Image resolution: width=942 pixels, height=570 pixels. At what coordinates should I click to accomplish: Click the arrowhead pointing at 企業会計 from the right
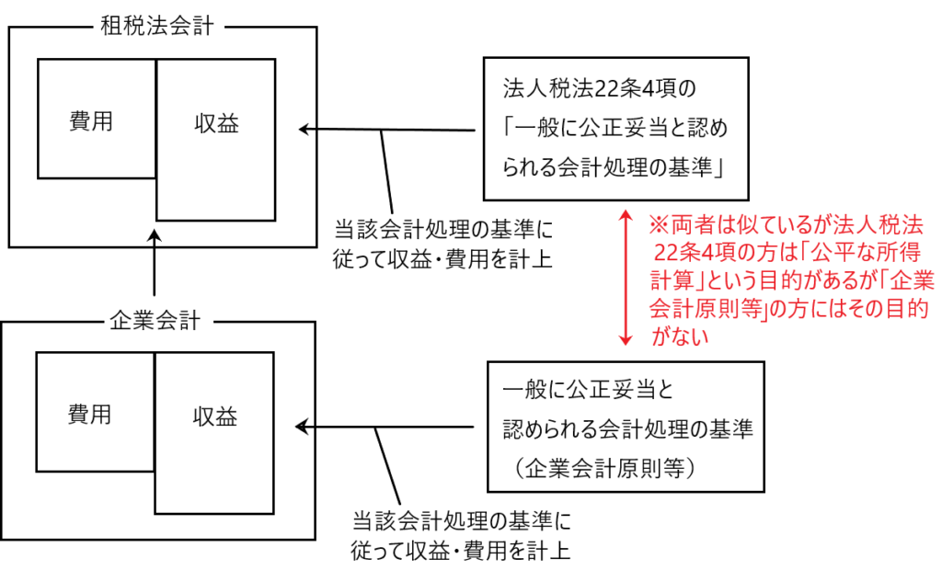301,426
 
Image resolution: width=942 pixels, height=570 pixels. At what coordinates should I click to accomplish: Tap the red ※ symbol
656,223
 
